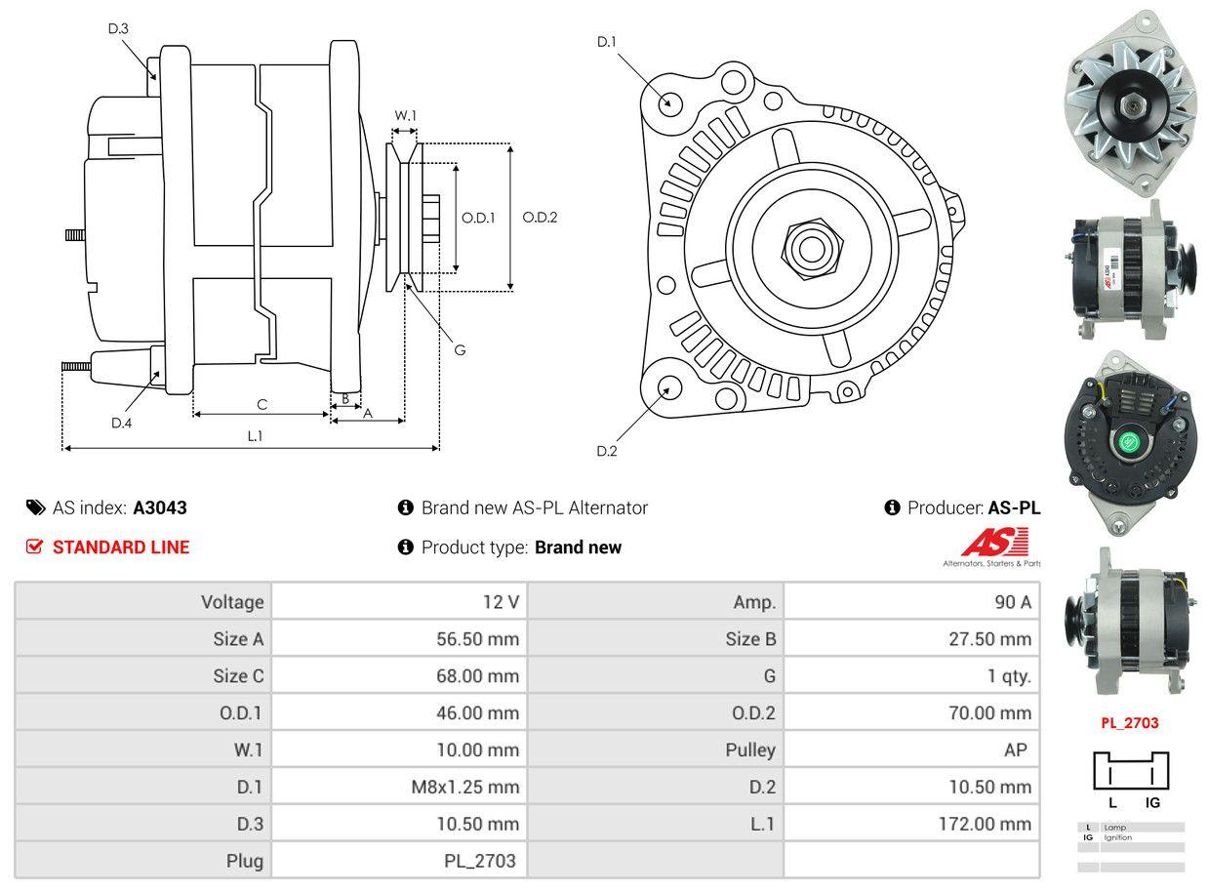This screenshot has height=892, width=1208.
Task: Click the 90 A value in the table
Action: pos(1012,602)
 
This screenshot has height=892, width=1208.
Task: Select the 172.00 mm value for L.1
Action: pos(985,825)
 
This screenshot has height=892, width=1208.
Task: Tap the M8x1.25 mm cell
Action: pos(464,788)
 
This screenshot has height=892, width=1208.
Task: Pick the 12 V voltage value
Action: pos(501,602)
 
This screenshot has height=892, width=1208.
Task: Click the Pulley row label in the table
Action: pos(750,750)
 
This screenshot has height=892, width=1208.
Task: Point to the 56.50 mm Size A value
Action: pos(477,639)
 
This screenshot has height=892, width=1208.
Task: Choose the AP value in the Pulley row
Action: pos(1015,750)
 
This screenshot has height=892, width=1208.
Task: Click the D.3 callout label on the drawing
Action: pos(118,29)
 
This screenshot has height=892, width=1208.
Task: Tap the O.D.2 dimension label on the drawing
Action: pos(540,218)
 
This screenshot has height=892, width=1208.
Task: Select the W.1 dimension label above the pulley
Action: pos(405,116)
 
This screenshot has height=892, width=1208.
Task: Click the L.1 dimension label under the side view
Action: pos(254,436)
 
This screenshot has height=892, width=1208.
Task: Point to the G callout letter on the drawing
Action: pos(460,349)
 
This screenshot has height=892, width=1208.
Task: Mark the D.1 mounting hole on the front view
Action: pos(669,102)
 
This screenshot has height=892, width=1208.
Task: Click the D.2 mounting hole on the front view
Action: pos(669,387)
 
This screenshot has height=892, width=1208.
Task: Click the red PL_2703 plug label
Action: pos(1129,723)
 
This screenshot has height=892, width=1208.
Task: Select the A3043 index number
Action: pos(160,507)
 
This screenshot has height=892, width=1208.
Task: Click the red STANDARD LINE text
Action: pos(121,547)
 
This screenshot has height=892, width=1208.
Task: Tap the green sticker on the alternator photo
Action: pos(1129,442)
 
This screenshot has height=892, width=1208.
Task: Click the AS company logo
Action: pos(993,543)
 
